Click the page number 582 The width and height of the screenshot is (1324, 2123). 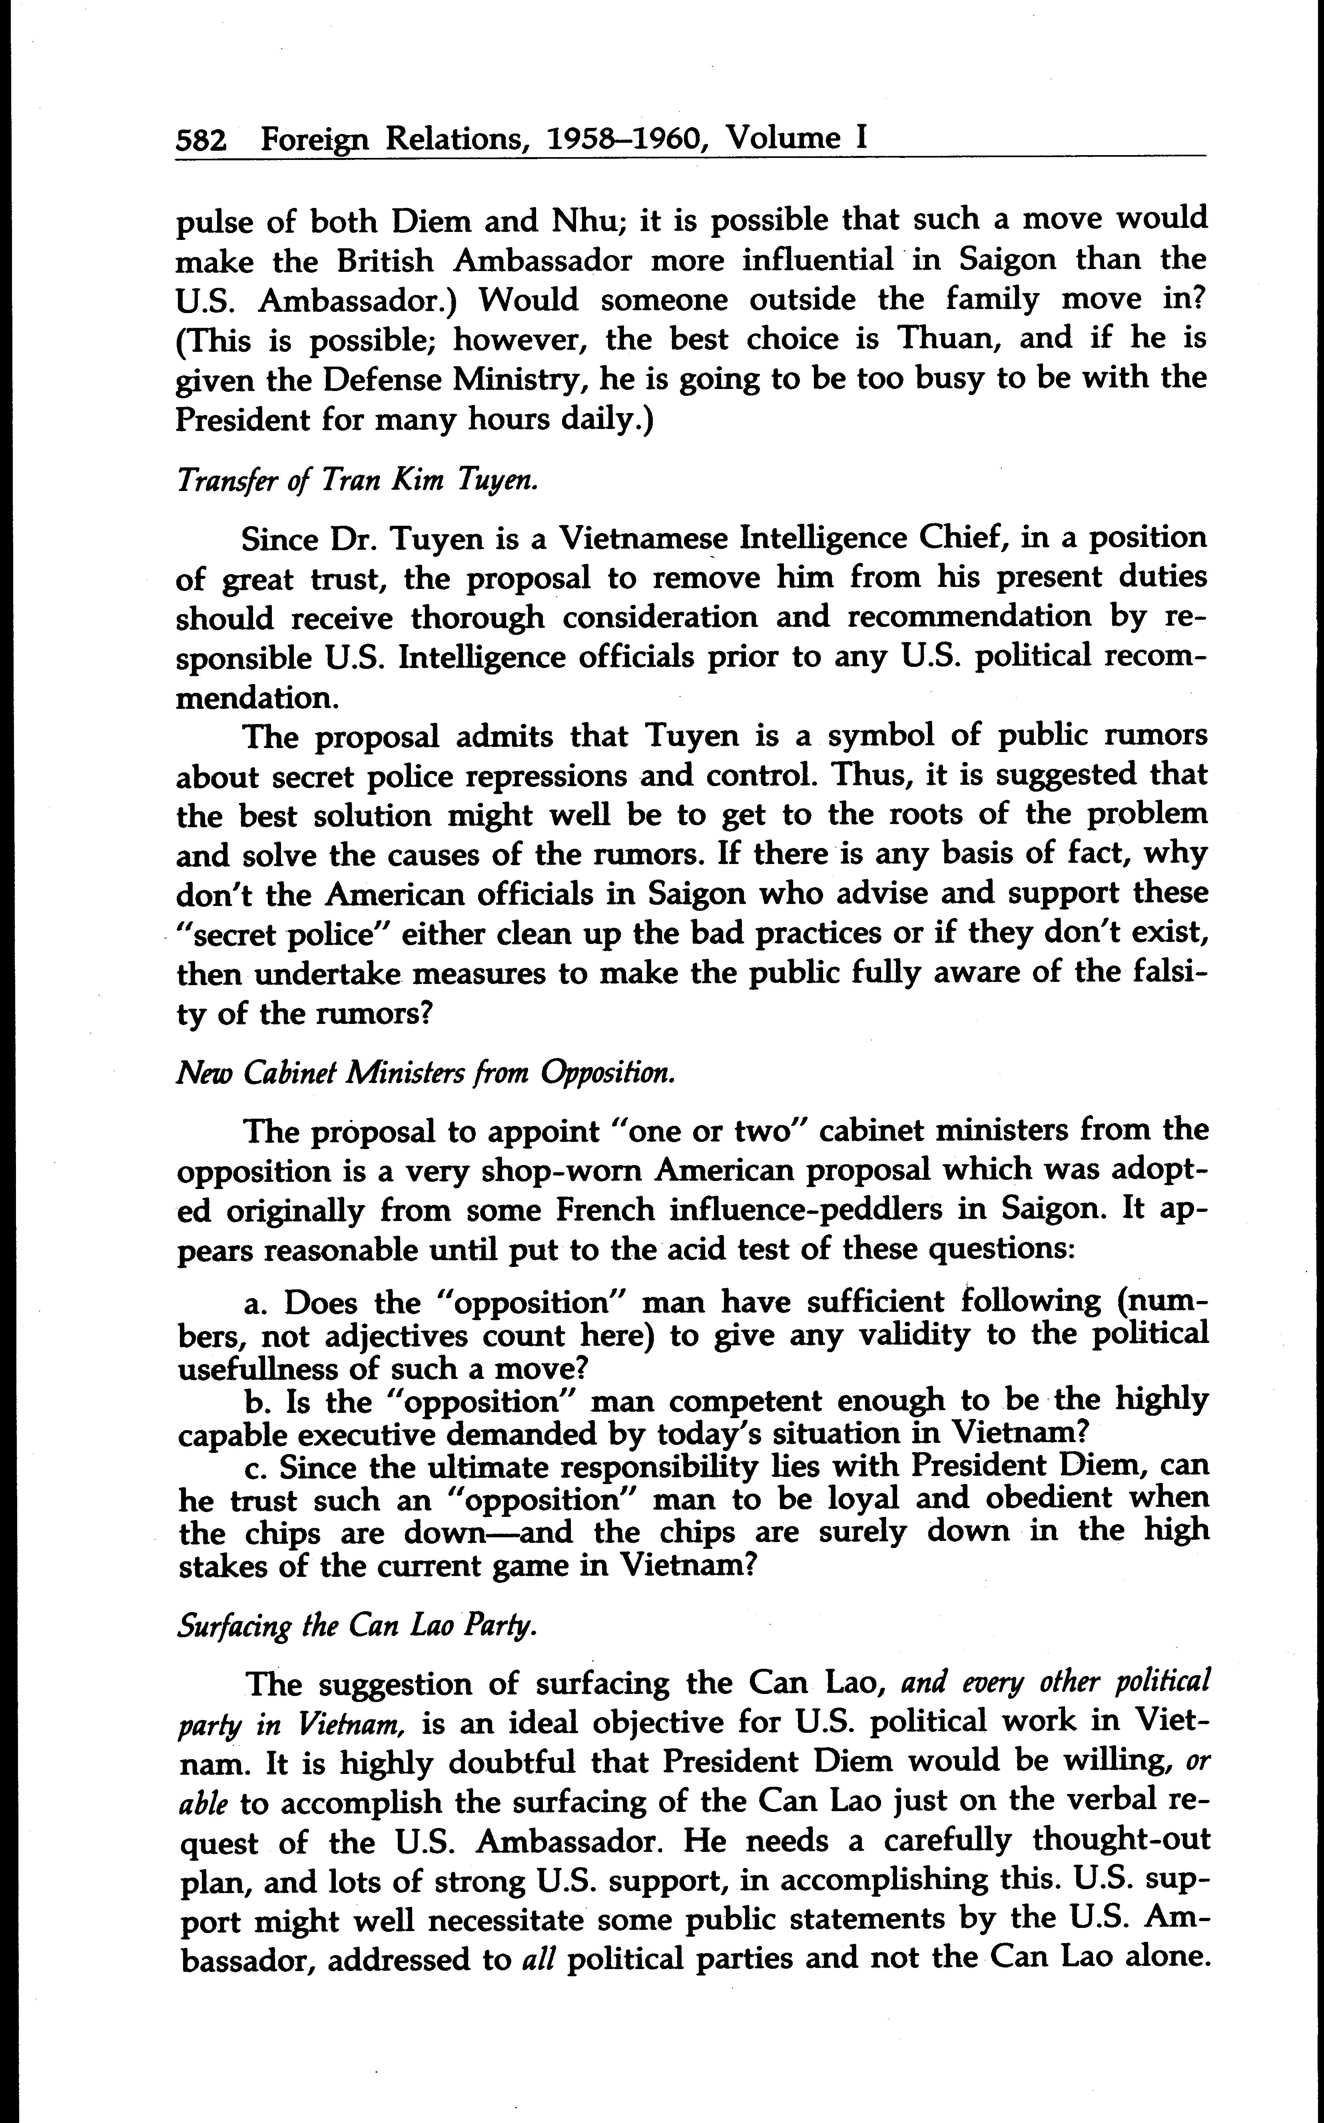point(201,140)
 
